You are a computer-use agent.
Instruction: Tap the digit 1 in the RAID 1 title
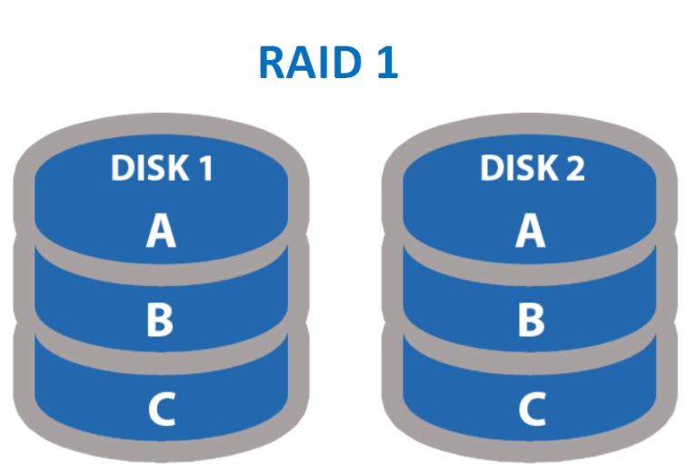point(385,64)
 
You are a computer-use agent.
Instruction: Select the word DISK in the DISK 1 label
point(142,169)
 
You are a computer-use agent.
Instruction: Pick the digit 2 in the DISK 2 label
point(574,169)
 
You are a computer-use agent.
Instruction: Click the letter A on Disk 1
point(161,233)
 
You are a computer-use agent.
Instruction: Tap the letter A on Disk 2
point(530,233)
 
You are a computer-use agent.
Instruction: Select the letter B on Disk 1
point(161,320)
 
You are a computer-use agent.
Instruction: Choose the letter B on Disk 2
point(530,320)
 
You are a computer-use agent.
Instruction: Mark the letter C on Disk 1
point(161,411)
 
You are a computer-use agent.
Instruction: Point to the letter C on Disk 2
point(530,411)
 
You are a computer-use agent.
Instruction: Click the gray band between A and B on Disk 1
point(161,273)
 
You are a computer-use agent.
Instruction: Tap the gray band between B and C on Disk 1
point(161,360)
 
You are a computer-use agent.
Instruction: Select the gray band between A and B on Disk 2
point(530,273)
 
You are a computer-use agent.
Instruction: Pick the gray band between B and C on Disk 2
point(530,360)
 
